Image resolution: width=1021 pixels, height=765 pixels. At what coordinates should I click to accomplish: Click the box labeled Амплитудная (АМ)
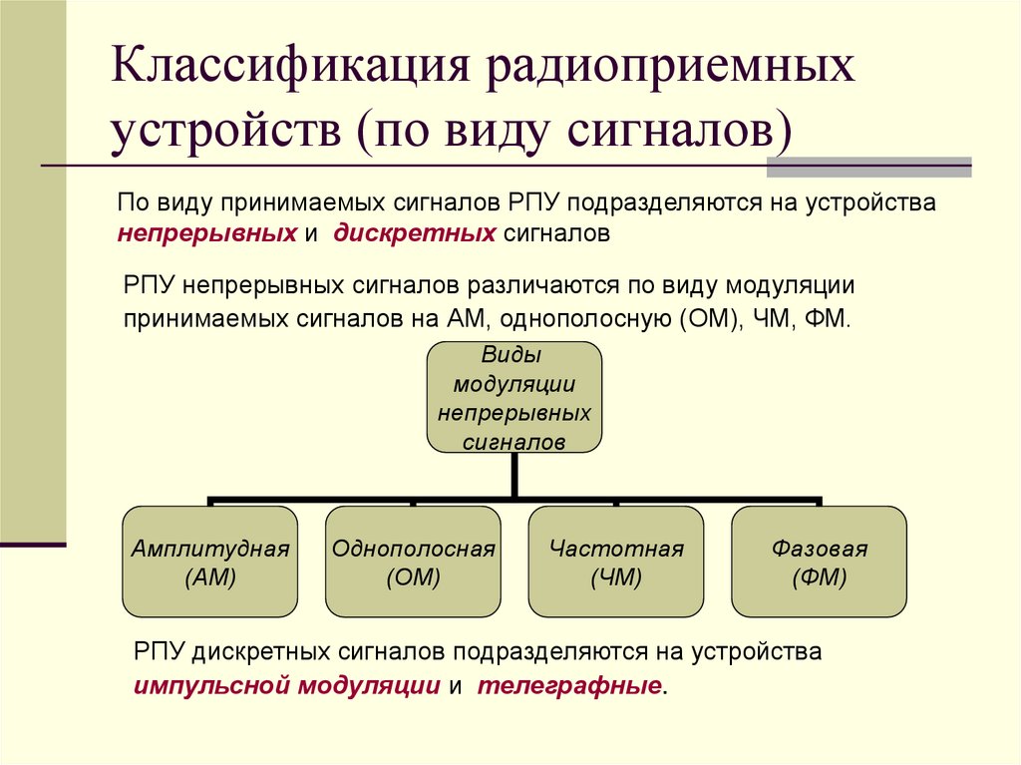(x=209, y=562)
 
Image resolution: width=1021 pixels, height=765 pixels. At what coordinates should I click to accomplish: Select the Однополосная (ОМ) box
(x=413, y=562)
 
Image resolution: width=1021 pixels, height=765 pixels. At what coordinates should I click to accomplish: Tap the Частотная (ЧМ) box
(x=616, y=562)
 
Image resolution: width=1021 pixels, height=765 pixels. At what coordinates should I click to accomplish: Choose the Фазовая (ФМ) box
(x=819, y=562)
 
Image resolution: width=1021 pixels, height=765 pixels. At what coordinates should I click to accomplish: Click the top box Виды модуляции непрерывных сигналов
(x=514, y=398)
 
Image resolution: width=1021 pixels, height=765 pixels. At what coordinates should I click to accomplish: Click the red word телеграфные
(x=568, y=686)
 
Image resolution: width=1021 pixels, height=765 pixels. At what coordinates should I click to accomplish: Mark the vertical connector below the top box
(x=514, y=475)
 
